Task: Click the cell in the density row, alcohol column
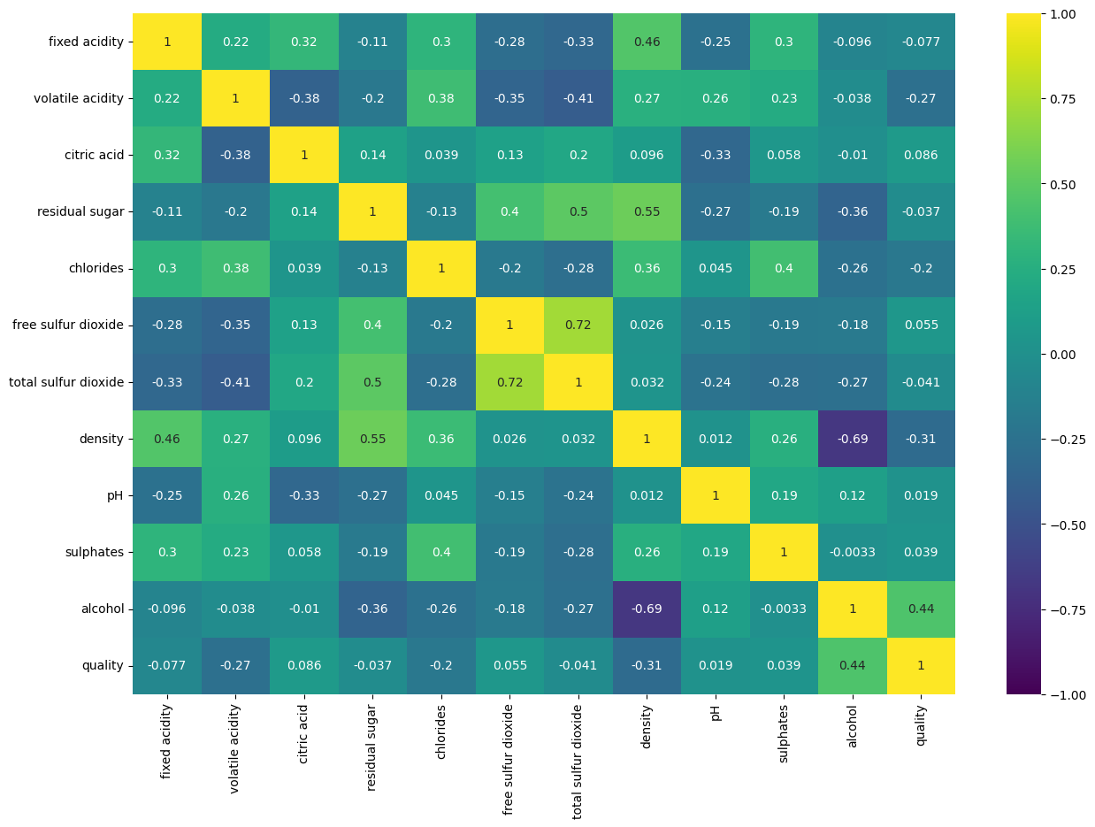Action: click(852, 439)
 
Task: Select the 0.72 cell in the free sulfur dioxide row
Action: click(578, 325)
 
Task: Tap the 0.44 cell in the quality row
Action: click(852, 665)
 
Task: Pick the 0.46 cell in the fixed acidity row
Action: click(647, 42)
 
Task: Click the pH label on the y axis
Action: click(113, 495)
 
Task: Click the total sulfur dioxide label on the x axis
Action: click(578, 762)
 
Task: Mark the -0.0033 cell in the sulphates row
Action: click(852, 552)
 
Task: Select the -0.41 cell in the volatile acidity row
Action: click(578, 98)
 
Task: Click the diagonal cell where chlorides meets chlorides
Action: click(440, 269)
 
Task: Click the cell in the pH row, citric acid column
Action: click(303, 495)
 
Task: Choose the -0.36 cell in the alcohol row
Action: click(372, 609)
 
